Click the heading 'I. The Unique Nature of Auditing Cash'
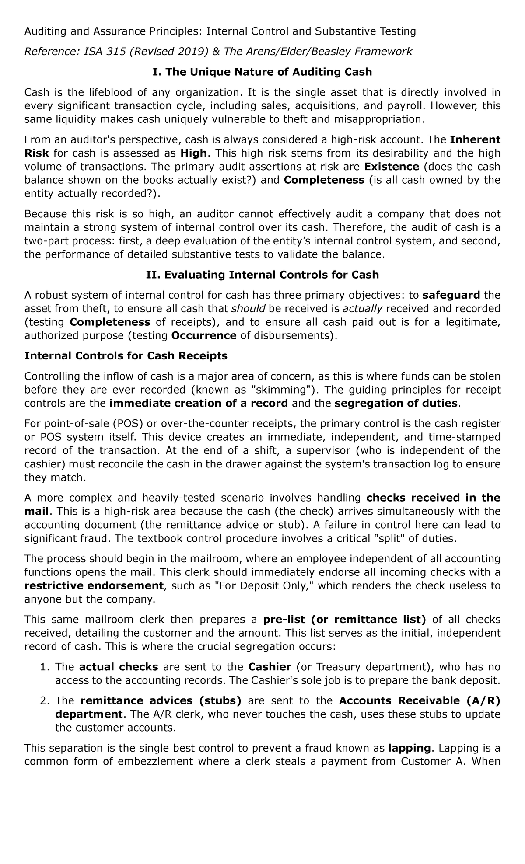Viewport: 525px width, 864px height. [x=262, y=72]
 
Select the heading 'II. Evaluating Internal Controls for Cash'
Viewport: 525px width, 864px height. [x=262, y=275]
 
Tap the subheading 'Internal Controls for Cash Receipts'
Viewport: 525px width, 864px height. [x=126, y=355]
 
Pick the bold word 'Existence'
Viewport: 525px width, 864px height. [x=392, y=167]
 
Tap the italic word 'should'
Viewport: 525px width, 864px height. [x=248, y=309]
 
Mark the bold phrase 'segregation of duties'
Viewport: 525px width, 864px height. [x=395, y=403]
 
